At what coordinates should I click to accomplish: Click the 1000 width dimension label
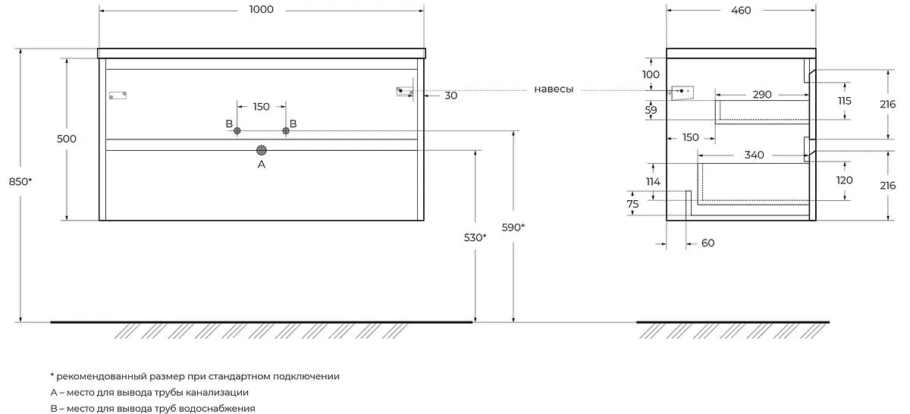(261, 9)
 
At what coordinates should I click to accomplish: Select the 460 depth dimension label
(741, 10)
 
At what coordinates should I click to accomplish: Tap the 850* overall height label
(20, 182)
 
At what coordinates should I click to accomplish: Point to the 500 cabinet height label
(66, 139)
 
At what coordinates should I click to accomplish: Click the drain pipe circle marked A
(262, 150)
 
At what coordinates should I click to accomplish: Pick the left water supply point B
(237, 131)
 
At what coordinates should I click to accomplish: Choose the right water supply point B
(286, 131)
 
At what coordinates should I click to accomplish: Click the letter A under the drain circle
(262, 164)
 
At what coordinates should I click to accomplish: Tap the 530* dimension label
(475, 237)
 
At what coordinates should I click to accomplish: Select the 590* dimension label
(513, 227)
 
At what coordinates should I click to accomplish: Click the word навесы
(554, 89)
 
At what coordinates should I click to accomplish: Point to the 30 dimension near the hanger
(451, 96)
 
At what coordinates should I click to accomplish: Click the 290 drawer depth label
(761, 95)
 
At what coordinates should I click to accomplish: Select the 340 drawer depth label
(754, 155)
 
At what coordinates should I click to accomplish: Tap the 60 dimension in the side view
(708, 243)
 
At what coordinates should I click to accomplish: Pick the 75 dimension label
(632, 204)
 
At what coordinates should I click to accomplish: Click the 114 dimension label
(653, 182)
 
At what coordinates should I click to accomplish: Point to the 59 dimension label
(651, 110)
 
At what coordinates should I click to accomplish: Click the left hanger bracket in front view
(118, 96)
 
